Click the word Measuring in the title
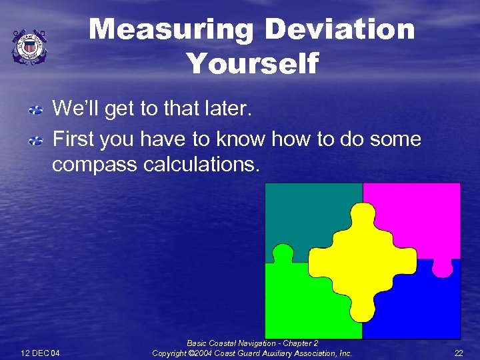tap(171, 30)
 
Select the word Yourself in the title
tap(253, 64)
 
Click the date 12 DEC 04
tap(40, 352)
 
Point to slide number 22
tap(458, 352)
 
